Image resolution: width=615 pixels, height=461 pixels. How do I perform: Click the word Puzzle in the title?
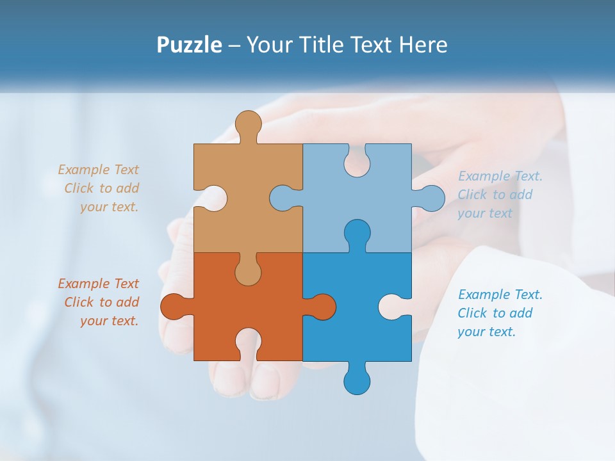[x=190, y=45]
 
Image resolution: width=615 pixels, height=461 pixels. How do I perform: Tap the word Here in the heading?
[x=423, y=45]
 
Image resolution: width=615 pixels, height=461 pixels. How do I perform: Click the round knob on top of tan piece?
[x=248, y=124]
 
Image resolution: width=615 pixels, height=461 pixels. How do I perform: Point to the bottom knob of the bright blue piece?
[x=357, y=380]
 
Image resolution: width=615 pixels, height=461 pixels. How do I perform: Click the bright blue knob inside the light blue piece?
[x=357, y=233]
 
